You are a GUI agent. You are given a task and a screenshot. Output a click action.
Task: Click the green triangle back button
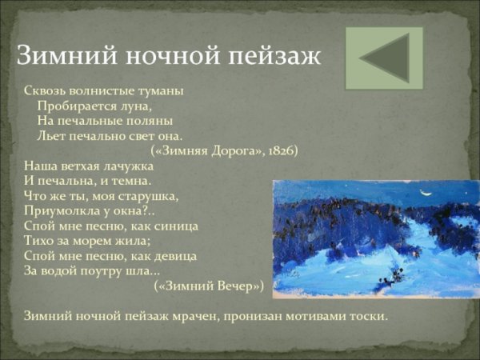coord(384,58)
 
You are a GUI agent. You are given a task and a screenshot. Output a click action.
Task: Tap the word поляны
coord(152,121)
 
